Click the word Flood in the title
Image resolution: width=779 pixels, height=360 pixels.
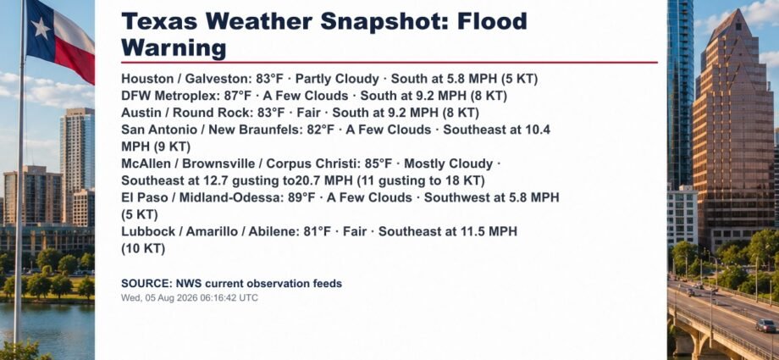click(x=492, y=22)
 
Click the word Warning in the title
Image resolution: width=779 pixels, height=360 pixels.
click(x=174, y=49)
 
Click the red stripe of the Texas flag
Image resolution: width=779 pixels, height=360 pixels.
click(x=75, y=58)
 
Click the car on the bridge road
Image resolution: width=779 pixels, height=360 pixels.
click(x=765, y=325)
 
